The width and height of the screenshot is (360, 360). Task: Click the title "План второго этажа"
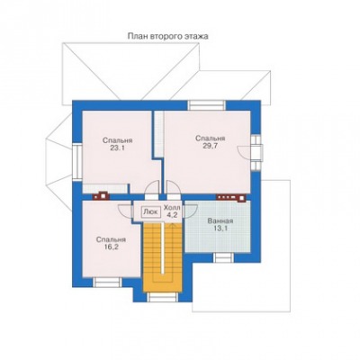click(168, 37)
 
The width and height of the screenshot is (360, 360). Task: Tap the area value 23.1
click(118, 148)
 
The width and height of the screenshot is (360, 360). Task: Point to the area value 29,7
click(211, 146)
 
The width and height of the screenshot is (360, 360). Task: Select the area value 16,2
click(111, 247)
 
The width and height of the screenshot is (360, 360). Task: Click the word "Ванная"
click(220, 221)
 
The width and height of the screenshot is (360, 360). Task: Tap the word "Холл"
click(172, 208)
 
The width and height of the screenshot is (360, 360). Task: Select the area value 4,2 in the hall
click(172, 214)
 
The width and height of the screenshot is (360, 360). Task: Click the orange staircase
click(162, 257)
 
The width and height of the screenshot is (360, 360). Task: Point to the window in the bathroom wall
click(224, 257)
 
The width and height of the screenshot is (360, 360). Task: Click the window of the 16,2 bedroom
click(107, 283)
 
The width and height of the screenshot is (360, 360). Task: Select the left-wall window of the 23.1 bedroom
click(76, 162)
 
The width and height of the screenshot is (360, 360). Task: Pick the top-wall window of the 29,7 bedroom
click(207, 105)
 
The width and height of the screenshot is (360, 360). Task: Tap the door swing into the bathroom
click(191, 210)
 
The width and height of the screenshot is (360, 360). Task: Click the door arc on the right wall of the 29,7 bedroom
click(243, 152)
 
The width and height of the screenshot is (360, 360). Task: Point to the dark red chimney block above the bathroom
click(231, 198)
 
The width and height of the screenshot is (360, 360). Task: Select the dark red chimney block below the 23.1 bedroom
click(101, 195)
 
